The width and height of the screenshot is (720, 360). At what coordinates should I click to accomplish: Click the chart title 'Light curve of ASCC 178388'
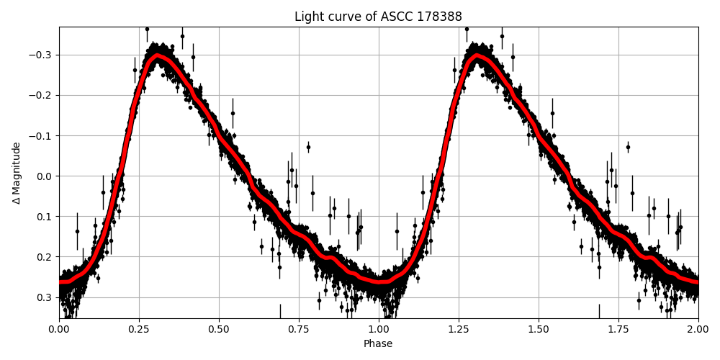(x=378, y=17)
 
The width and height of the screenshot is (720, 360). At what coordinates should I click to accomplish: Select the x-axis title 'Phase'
(x=378, y=344)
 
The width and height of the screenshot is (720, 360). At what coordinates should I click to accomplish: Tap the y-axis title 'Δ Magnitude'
(x=17, y=173)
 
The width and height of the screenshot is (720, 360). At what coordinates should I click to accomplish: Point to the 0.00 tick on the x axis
(x=59, y=329)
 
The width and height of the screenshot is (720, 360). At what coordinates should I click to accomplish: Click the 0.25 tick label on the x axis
(x=139, y=329)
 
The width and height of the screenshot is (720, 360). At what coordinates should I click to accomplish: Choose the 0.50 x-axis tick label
(x=219, y=329)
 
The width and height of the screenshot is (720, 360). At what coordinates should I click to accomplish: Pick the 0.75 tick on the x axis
(x=299, y=329)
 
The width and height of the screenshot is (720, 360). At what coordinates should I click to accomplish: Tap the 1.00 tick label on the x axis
(x=379, y=329)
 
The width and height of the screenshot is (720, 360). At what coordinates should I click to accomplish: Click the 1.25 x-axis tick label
(x=459, y=329)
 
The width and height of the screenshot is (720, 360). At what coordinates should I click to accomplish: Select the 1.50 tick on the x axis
(x=539, y=329)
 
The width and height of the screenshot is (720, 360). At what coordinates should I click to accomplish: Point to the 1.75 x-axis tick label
(x=618, y=329)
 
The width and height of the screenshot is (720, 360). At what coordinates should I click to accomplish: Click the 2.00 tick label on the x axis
(x=698, y=329)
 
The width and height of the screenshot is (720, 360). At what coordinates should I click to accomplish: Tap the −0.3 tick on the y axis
(x=41, y=55)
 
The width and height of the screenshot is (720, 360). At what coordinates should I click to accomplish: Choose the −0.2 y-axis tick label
(x=41, y=96)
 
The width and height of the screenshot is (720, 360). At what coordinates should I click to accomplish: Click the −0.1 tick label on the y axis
(x=41, y=136)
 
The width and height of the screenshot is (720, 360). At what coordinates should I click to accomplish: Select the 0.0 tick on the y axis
(x=45, y=176)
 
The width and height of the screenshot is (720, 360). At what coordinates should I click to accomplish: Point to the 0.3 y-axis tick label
(x=45, y=297)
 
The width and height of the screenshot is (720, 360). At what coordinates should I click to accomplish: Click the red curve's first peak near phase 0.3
(x=156, y=55)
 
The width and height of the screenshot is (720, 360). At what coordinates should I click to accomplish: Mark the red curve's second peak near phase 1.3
(x=476, y=55)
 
